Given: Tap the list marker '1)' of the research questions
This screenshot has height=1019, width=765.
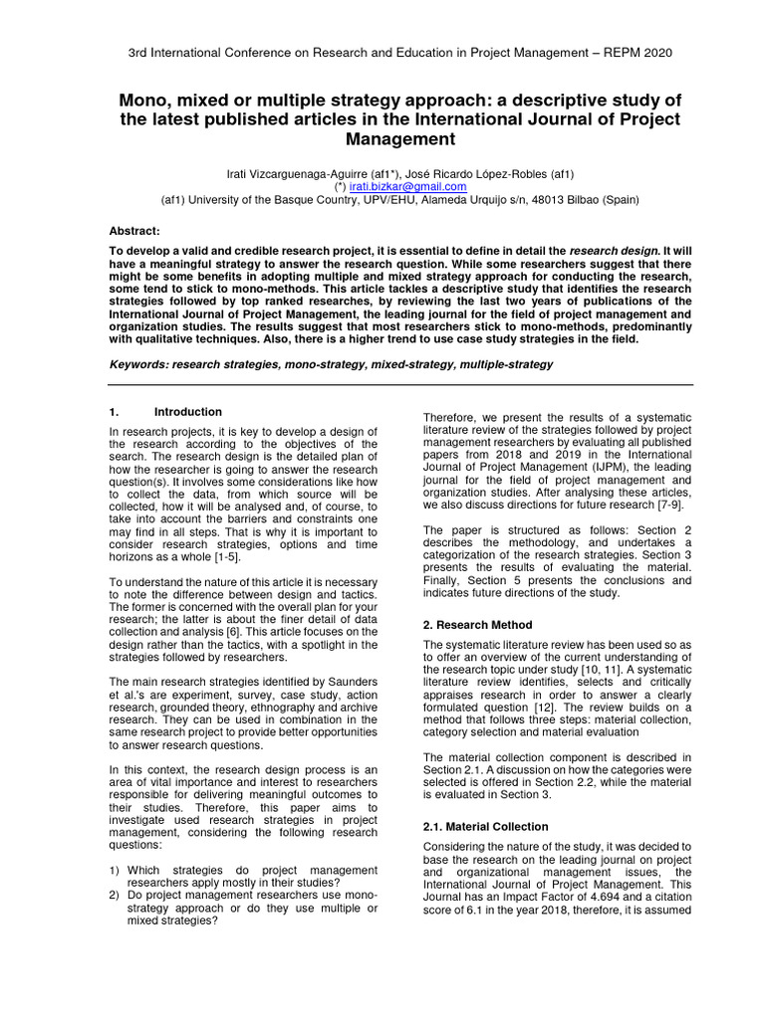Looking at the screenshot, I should tap(115, 870).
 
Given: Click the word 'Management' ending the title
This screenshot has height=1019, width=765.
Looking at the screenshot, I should tap(382, 139).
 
